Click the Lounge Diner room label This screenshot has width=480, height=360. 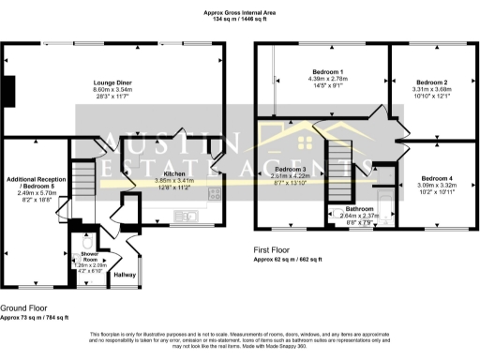118,83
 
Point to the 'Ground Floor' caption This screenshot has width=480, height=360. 25,308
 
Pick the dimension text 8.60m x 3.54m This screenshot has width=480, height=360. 118,91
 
